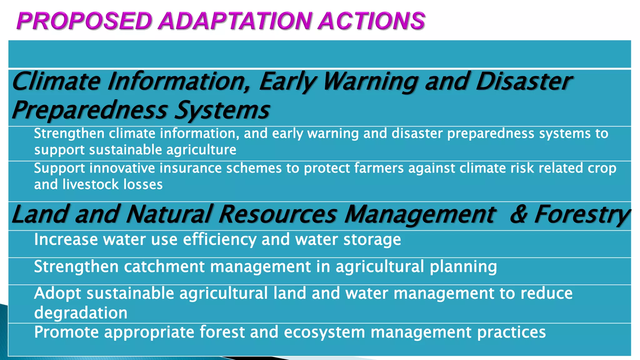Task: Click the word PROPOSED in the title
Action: click(84, 21)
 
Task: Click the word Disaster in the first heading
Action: click(524, 82)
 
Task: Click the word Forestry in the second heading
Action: click(582, 215)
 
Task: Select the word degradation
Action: click(81, 313)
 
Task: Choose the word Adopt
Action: click(57, 294)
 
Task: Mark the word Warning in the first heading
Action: click(371, 82)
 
